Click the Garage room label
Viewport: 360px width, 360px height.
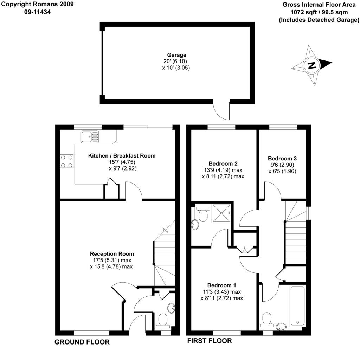(x=176, y=55)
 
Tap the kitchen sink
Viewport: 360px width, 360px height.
(x=90, y=137)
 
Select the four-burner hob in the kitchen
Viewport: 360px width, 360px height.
(x=67, y=161)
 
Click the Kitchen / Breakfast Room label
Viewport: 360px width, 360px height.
(x=122, y=156)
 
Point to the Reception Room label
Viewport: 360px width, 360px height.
(x=112, y=254)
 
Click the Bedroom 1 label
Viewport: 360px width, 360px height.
(x=221, y=285)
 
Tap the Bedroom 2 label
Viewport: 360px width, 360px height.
(x=223, y=164)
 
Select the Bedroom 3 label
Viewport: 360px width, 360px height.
(x=282, y=159)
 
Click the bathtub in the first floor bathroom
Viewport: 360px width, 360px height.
(x=297, y=305)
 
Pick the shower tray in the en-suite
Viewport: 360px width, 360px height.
(x=221, y=213)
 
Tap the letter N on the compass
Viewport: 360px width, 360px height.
(x=311, y=66)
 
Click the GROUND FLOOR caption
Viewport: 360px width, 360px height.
(x=82, y=342)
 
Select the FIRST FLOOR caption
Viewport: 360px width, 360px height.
(x=210, y=341)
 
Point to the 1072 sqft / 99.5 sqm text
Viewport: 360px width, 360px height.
(x=319, y=12)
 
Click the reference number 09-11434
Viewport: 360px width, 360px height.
(x=37, y=12)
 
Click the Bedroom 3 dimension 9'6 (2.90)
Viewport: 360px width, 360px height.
(x=282, y=165)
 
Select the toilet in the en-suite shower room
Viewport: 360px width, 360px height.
(x=203, y=214)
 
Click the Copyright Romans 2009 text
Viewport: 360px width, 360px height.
(x=37, y=4)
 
